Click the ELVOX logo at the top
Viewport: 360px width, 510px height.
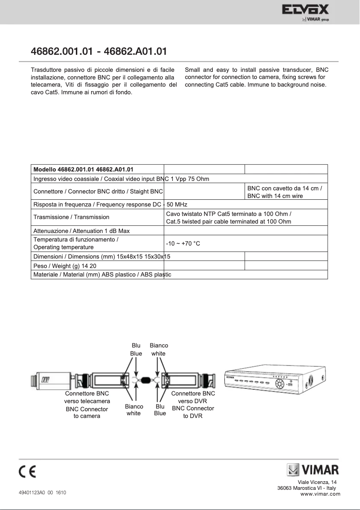click(305, 10)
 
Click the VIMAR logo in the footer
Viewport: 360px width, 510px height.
click(313, 471)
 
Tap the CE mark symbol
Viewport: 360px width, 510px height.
click(27, 472)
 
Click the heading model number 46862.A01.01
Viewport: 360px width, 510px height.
click(136, 51)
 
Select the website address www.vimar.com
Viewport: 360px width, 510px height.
click(320, 494)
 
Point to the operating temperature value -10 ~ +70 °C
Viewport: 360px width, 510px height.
click(183, 243)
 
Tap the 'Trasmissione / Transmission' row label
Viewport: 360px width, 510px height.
click(71, 217)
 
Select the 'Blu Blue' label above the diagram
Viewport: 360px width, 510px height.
click(136, 350)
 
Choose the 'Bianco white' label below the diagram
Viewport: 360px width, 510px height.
click(134, 410)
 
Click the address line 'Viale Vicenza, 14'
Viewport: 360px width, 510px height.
click(320, 482)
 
